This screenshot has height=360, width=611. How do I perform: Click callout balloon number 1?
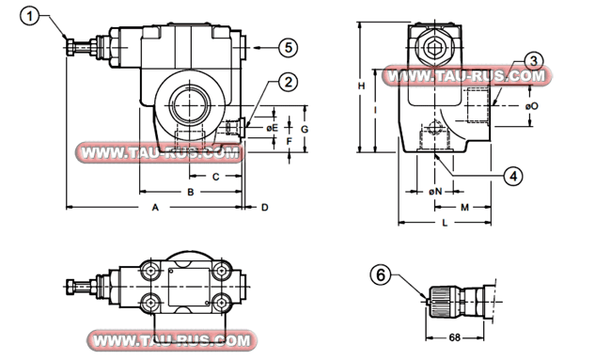[30, 17]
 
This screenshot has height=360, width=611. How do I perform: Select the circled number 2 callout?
[288, 83]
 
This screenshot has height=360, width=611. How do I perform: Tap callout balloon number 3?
[534, 61]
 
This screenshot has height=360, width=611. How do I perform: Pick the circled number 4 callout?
[513, 176]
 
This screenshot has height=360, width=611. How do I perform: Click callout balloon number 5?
[288, 48]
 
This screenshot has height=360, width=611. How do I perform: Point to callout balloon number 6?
[381, 275]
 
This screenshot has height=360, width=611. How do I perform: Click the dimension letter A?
[155, 208]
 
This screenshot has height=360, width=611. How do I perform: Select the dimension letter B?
[191, 192]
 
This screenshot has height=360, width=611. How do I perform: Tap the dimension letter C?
[215, 177]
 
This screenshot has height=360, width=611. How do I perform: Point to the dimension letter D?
[265, 208]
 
